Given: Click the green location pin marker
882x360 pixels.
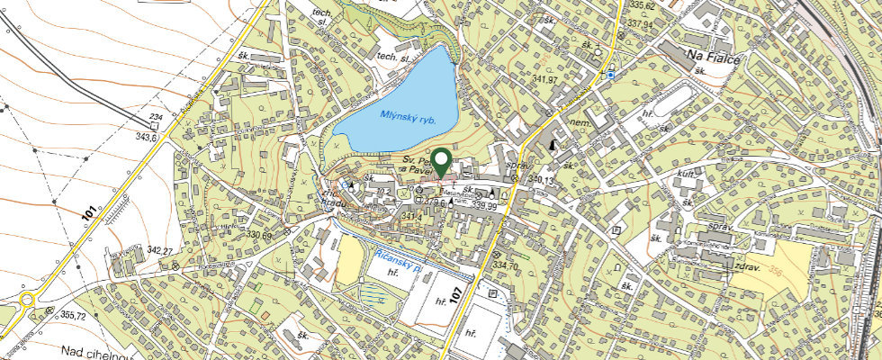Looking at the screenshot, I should click(x=441, y=162).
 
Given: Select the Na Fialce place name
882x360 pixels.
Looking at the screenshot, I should click(x=713, y=58).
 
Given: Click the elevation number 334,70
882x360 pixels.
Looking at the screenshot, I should click(x=505, y=265).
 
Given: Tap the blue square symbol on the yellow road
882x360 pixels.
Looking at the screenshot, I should click(x=611, y=76).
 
